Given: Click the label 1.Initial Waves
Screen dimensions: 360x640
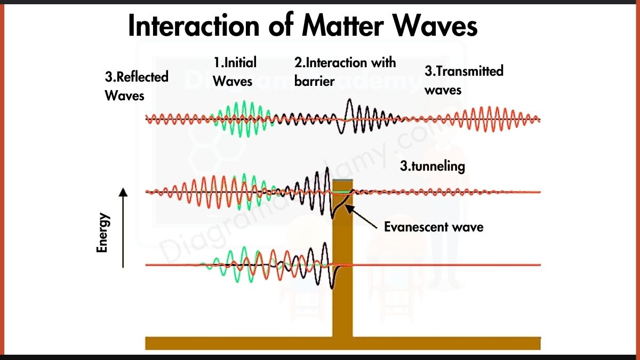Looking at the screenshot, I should point(235,71).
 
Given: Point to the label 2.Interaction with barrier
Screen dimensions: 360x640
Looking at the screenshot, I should point(345,71).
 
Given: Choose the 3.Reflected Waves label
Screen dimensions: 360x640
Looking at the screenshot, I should point(136,86).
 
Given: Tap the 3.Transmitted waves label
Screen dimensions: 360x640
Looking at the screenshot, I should point(463,80).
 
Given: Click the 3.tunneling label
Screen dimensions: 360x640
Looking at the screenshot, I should point(432,166).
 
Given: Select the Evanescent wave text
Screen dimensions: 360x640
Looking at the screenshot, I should point(434,227).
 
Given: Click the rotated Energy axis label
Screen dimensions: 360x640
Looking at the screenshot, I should point(102,233).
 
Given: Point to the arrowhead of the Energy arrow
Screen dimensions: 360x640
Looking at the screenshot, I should point(123,192).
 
